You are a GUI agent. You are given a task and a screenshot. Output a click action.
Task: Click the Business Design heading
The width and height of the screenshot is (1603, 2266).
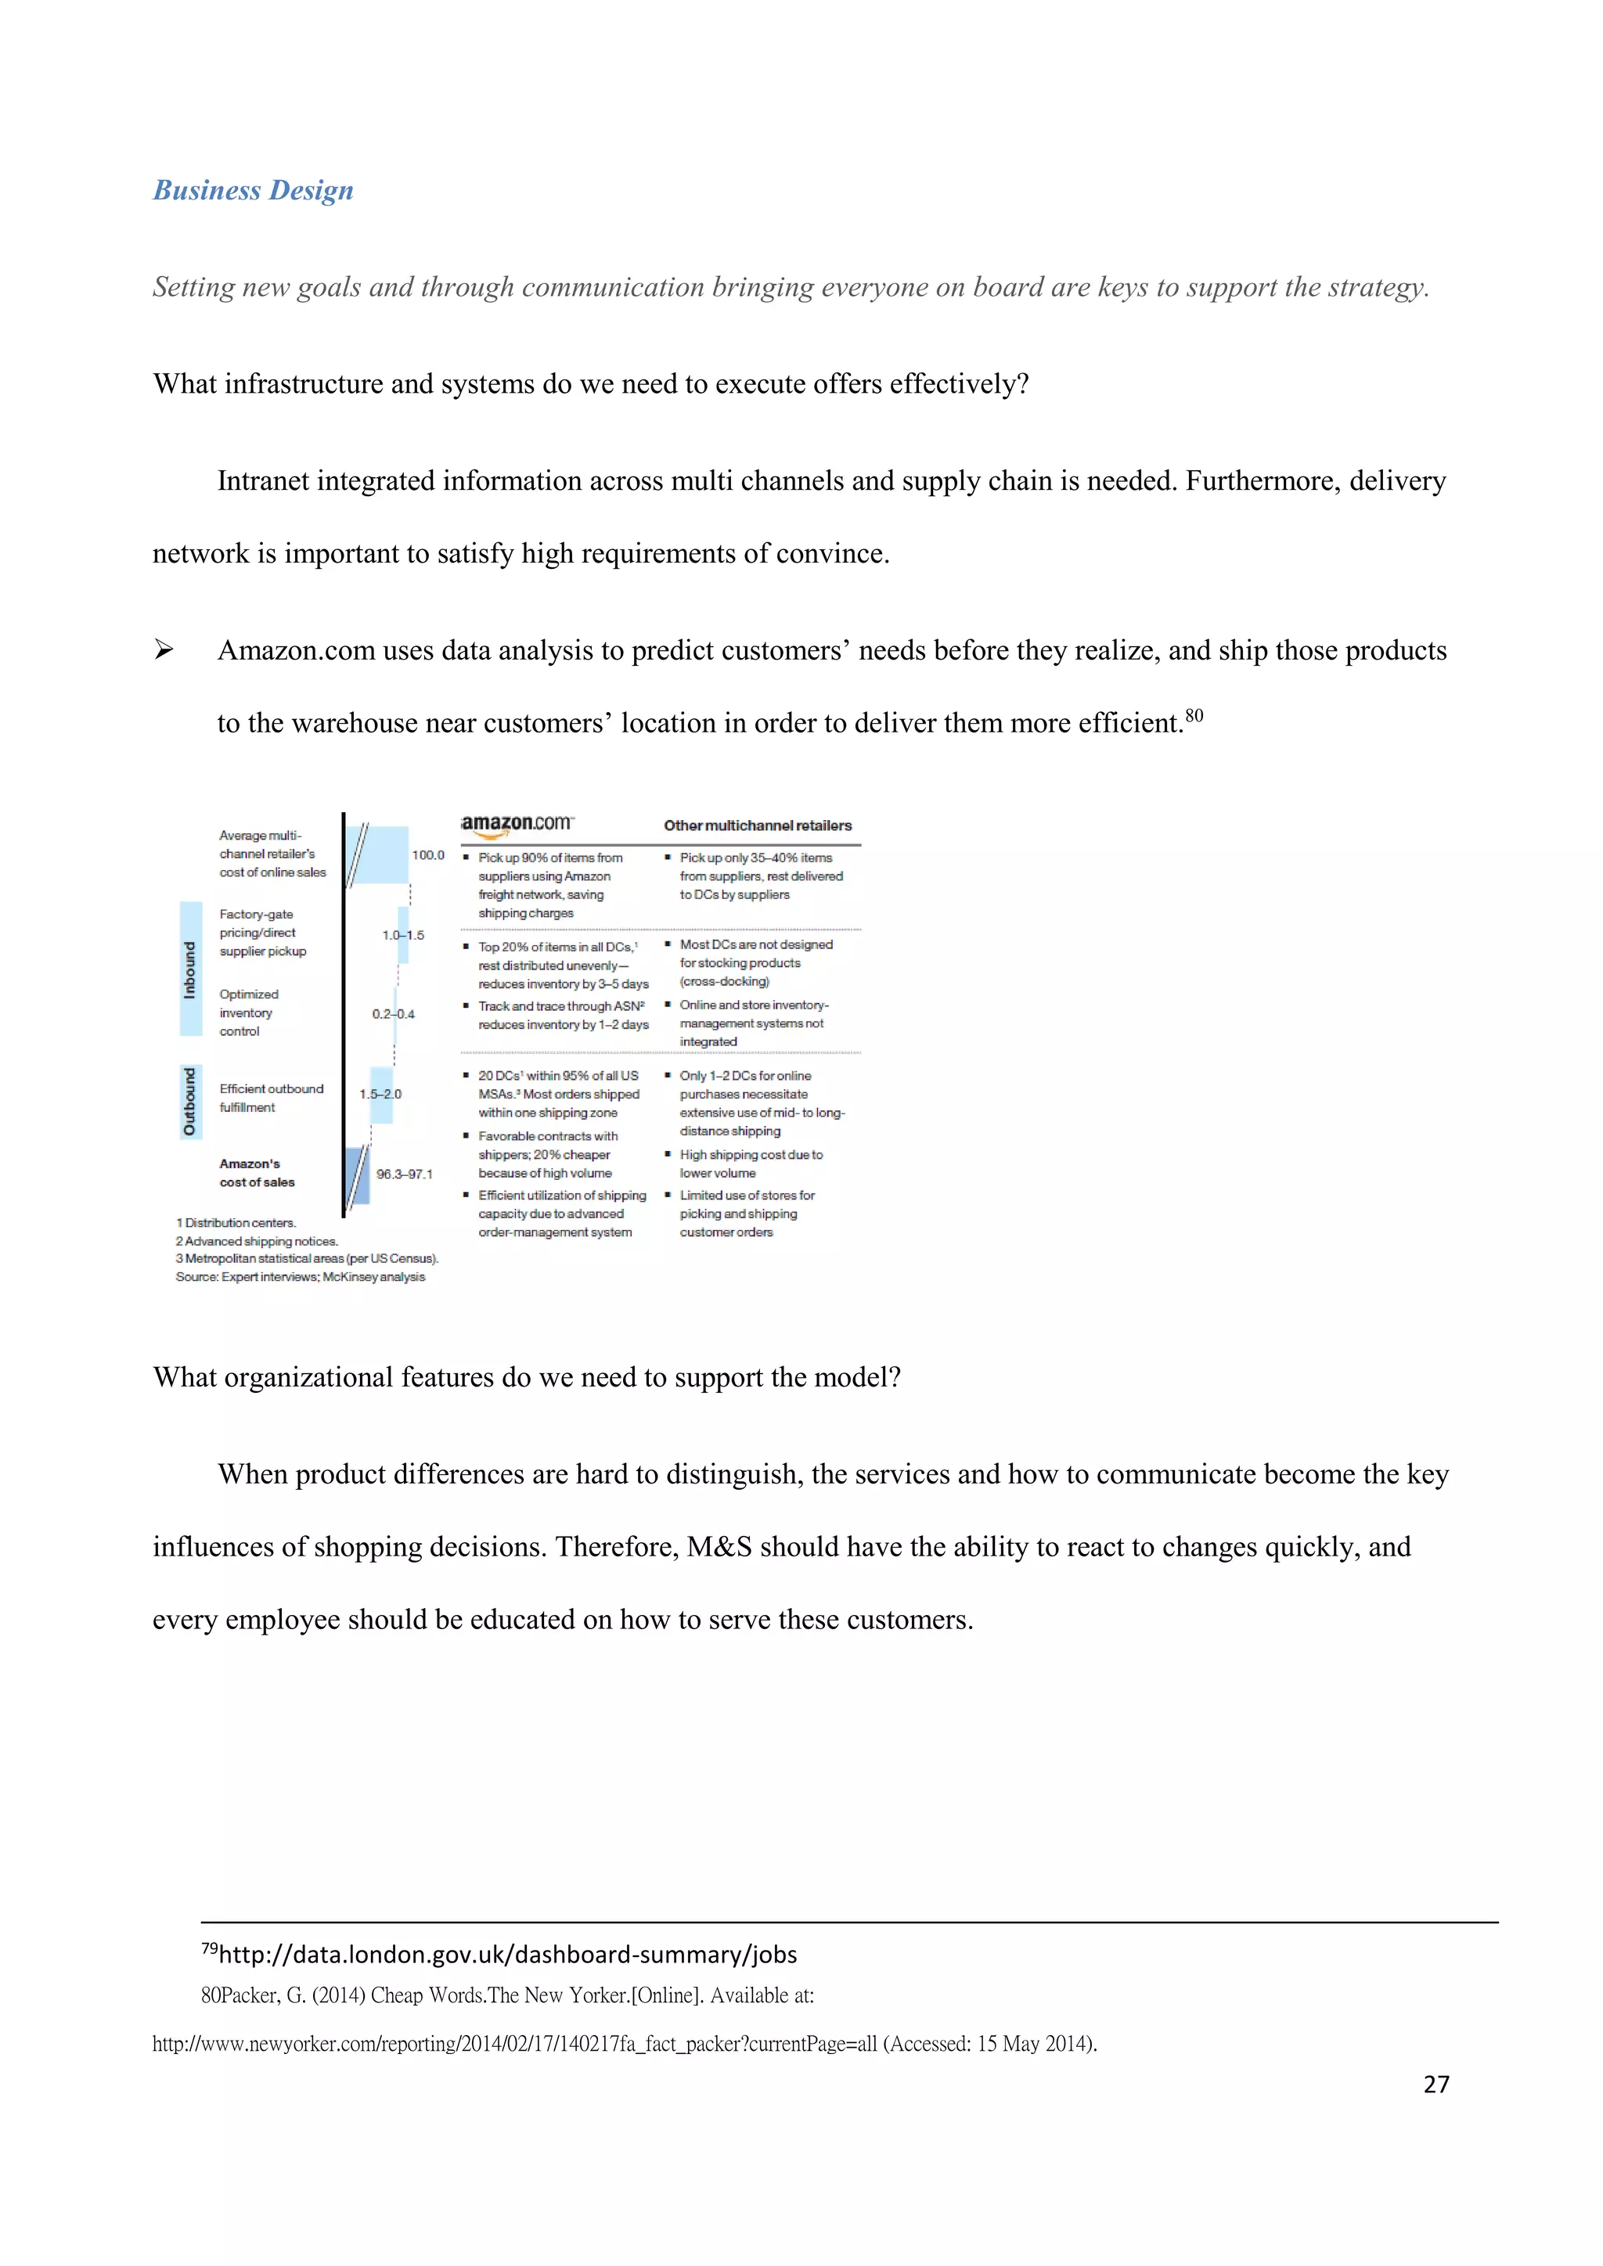coord(253,190)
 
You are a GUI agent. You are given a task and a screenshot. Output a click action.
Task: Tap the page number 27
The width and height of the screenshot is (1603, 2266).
coord(1436,2084)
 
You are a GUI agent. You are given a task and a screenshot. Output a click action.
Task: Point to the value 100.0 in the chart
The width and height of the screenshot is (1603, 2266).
coord(428,854)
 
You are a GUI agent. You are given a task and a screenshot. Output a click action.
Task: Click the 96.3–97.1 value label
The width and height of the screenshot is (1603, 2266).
coord(404,1174)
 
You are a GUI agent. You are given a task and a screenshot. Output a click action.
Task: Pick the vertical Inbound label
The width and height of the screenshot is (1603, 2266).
coord(190,969)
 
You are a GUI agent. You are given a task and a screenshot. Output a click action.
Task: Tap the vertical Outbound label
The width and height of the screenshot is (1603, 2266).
coord(190,1102)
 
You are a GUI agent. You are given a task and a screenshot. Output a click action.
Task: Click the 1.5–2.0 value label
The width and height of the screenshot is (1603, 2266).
coord(380,1094)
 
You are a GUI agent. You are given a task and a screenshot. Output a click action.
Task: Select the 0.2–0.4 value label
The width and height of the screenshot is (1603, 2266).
coord(393,1013)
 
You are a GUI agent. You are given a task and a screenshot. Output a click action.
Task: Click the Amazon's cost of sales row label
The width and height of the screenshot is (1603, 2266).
coord(257,1172)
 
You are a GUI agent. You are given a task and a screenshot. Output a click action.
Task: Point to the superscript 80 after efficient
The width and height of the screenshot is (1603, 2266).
coord(1194,715)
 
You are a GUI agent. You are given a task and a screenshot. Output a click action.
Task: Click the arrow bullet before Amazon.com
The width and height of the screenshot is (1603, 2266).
coord(164,650)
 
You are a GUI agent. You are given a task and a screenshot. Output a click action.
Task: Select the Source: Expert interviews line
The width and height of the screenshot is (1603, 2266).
coord(300,1277)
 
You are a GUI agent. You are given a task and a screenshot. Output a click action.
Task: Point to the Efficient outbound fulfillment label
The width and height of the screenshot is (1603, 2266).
coord(271,1098)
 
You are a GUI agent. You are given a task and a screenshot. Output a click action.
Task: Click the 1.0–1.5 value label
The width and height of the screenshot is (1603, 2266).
coord(403,934)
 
